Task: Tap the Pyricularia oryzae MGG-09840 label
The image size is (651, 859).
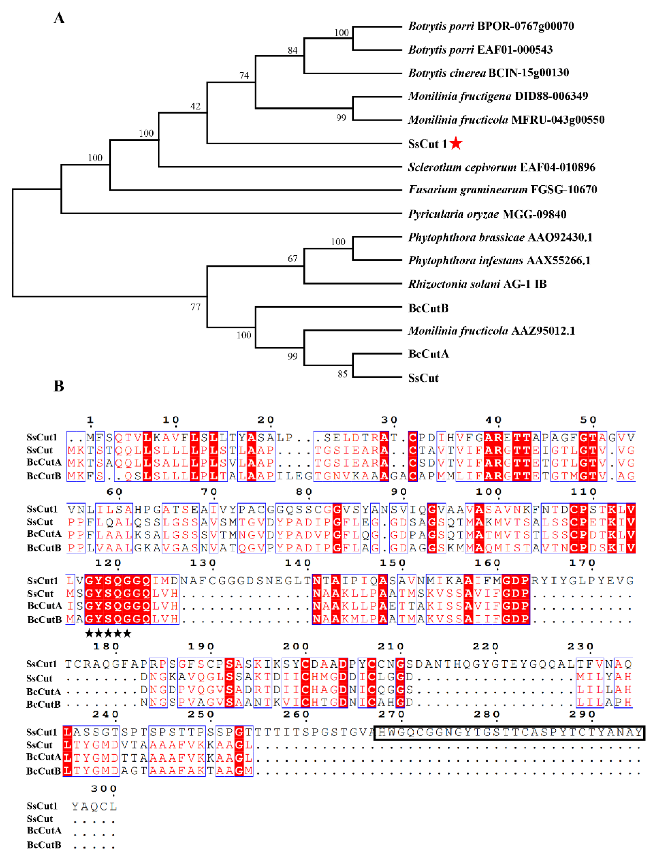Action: click(x=487, y=214)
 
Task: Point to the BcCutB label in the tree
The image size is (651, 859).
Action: click(x=428, y=308)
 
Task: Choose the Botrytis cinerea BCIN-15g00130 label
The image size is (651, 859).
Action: click(x=488, y=73)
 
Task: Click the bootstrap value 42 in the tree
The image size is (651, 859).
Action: click(x=195, y=106)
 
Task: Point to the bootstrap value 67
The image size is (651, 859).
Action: click(x=292, y=259)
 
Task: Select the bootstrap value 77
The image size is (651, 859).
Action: click(x=195, y=307)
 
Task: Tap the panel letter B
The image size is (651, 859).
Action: click(x=59, y=386)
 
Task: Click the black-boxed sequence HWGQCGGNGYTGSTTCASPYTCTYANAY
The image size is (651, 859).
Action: click(x=509, y=732)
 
